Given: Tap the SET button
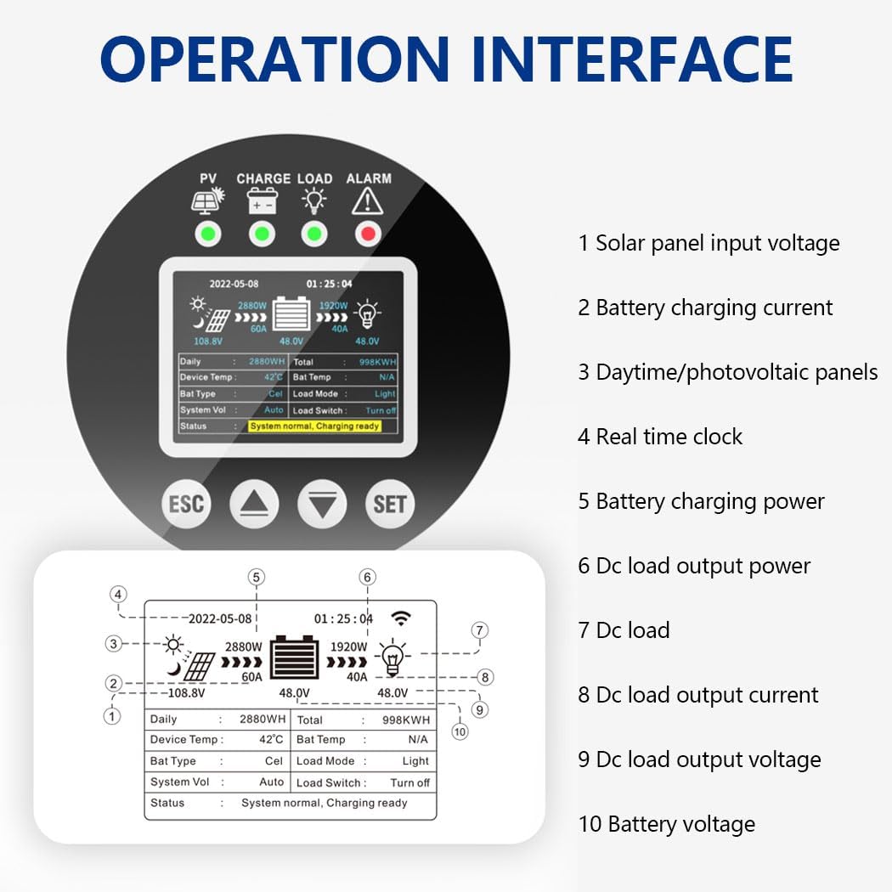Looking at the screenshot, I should (390, 504).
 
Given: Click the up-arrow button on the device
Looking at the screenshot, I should (254, 505).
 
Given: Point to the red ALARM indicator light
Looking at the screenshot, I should (367, 234).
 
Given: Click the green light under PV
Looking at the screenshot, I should (207, 234).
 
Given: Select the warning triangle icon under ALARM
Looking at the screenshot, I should (367, 200).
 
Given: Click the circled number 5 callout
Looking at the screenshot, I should (257, 578).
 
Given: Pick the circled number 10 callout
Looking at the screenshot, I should (460, 731).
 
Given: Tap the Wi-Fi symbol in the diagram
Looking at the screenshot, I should (400, 618).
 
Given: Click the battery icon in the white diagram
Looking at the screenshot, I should (294, 659).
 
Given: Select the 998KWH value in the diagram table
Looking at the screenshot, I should (406, 720).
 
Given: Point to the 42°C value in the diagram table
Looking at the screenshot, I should (271, 740).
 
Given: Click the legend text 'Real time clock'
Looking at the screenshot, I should (669, 437).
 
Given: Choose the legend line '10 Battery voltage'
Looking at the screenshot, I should (666, 824).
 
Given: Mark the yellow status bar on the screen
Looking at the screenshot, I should (314, 426).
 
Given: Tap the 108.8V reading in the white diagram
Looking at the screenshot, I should (186, 693).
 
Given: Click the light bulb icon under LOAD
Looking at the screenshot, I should (314, 200).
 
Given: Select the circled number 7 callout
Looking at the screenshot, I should (480, 630).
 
